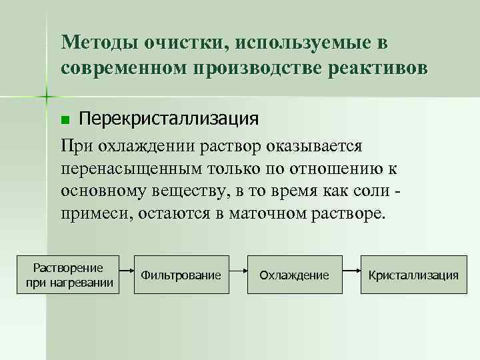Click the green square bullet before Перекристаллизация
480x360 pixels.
tap(65, 120)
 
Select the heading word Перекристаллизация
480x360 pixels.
tap(168, 119)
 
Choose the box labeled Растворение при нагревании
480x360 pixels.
tap(69, 274)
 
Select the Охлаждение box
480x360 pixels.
tap(294, 274)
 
